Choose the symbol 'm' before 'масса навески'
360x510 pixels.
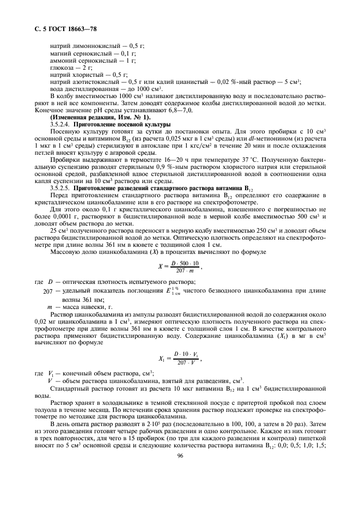coord(50,307)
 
